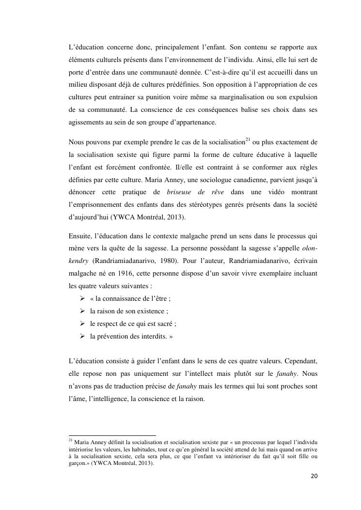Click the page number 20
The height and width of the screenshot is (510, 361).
tap(314, 476)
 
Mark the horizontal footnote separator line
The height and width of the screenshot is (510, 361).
tap(112, 435)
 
